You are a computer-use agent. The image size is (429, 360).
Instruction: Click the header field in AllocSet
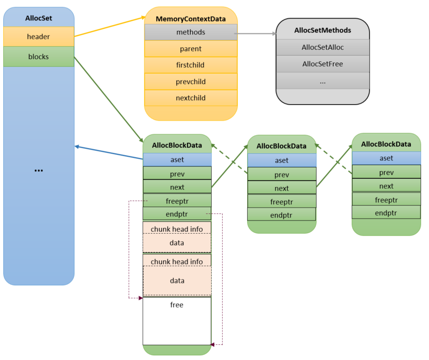point(38,36)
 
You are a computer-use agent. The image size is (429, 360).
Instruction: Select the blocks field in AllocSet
point(38,56)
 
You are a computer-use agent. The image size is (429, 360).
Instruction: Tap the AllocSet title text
point(38,18)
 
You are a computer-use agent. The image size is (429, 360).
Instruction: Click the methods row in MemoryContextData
point(190,32)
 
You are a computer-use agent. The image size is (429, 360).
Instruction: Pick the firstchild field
point(190,65)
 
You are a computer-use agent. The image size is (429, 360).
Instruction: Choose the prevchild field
point(190,81)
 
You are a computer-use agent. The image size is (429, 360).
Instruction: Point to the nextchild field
point(190,98)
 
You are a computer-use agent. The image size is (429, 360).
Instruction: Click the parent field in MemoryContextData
point(190,49)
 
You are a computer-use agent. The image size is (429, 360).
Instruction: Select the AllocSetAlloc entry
point(322,47)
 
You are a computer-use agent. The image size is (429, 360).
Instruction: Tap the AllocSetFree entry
point(322,64)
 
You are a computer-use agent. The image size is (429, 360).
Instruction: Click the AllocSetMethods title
point(322,30)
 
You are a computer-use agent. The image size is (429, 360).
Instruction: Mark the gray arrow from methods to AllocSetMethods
point(256,34)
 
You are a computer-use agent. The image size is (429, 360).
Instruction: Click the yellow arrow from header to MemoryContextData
point(109,26)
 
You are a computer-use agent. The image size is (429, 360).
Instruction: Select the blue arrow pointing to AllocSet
point(109,152)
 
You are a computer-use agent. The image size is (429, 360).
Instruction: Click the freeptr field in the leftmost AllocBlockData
point(177,201)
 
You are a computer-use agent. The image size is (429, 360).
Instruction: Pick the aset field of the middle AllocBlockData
point(282,160)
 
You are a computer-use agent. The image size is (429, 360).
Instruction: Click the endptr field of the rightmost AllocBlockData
point(386,212)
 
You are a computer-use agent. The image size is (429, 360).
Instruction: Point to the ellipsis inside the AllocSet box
point(38,170)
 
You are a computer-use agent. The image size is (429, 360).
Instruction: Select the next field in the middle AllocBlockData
point(282,188)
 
